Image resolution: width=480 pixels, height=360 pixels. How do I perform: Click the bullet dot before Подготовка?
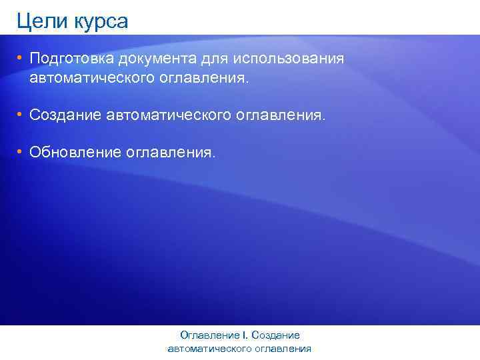click(x=21, y=58)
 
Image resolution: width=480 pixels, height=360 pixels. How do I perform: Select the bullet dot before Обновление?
click(x=21, y=153)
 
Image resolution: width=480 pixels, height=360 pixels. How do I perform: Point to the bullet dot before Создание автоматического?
click(x=21, y=115)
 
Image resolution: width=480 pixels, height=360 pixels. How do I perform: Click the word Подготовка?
click(x=72, y=59)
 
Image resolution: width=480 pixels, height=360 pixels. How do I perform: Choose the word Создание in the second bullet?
click(x=65, y=116)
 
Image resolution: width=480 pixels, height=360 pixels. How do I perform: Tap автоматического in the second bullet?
click(x=168, y=116)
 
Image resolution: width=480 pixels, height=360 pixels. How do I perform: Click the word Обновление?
click(x=74, y=153)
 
